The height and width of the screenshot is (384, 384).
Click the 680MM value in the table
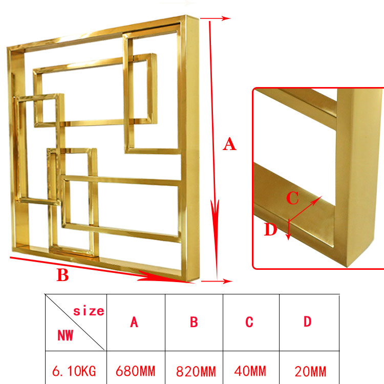136,371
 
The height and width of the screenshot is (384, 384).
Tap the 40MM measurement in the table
250,371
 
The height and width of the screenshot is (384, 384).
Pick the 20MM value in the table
310,372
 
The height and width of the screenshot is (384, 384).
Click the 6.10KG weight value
74,371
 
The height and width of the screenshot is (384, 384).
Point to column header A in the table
134,322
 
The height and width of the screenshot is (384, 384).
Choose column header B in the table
194,322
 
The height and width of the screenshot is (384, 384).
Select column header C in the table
249,322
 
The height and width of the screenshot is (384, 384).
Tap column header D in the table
308,322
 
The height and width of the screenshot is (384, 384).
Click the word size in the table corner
89,311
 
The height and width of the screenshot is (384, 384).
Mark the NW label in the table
65,335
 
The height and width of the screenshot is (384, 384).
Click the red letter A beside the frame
229,144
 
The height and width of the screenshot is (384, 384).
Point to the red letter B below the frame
62,275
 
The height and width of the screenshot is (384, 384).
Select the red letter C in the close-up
292,198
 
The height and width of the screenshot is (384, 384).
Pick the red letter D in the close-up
270,229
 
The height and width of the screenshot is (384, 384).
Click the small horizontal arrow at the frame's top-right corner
215,18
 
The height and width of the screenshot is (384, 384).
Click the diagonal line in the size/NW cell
75,322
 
